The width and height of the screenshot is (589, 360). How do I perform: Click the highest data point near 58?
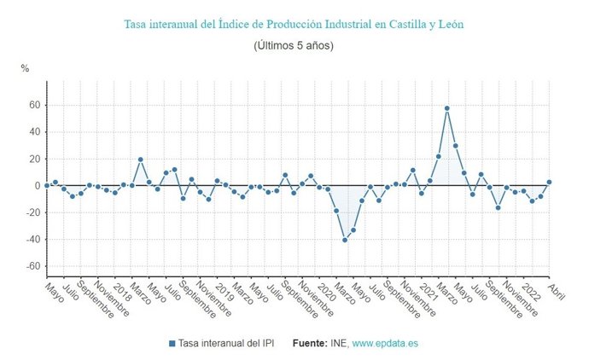tap(446, 108)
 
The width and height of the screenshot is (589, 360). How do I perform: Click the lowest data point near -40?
tap(345, 240)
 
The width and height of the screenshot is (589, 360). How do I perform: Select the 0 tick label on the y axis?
tap(38, 186)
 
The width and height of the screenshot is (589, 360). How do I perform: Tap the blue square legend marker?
tap(172, 344)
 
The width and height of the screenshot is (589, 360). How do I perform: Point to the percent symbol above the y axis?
tap(26, 67)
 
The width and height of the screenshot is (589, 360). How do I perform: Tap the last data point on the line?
tap(549, 182)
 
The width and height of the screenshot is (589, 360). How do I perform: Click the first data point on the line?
tap(47, 185)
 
